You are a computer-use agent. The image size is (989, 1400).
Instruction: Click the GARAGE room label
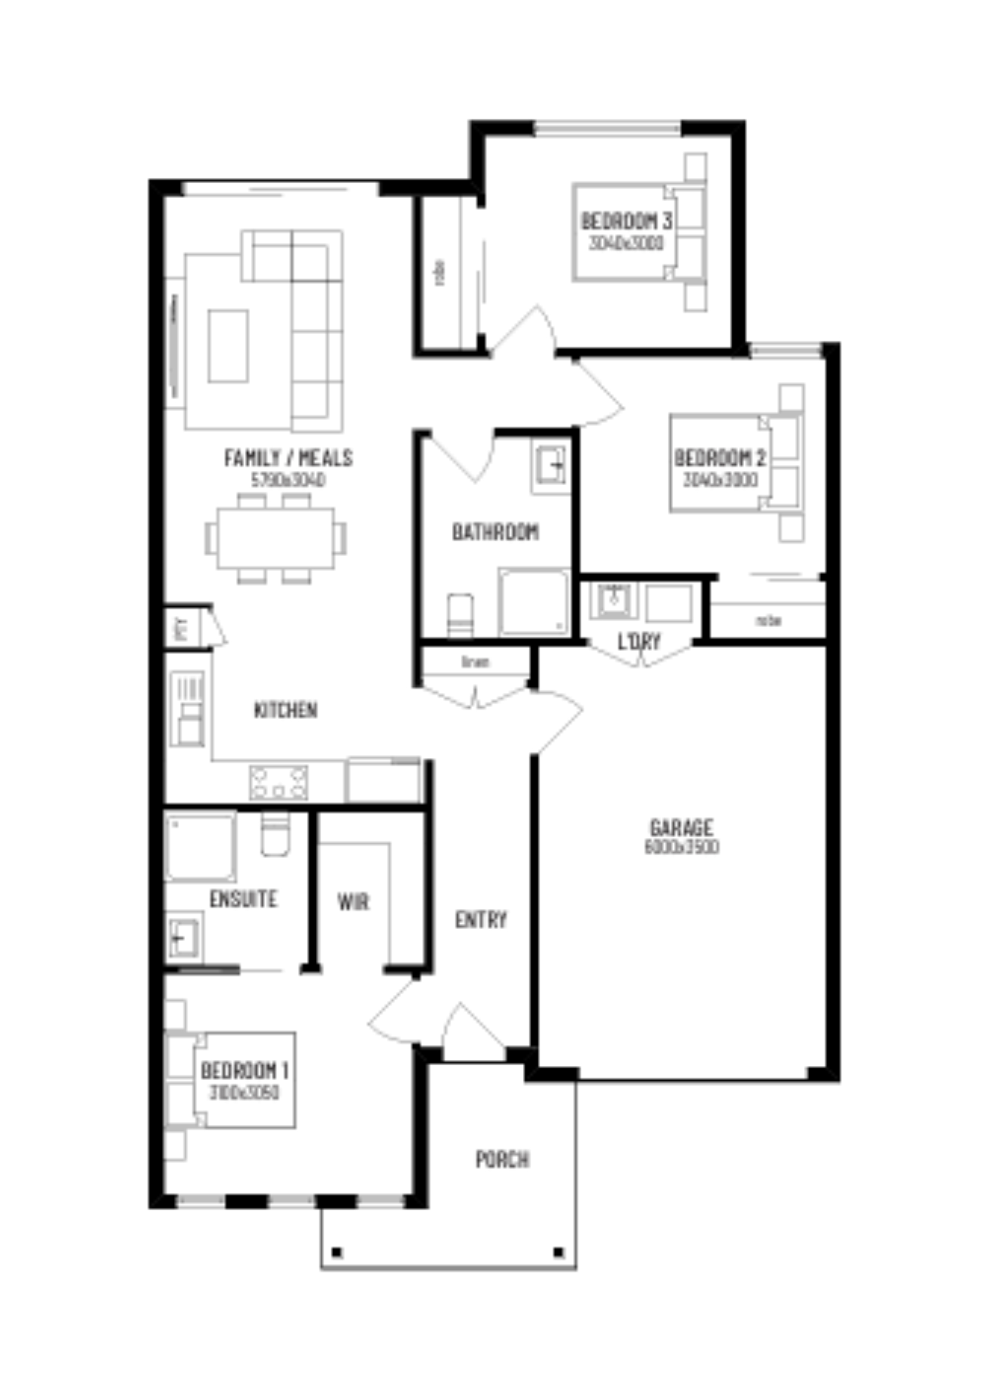(681, 827)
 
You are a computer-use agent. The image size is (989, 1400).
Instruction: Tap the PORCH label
(502, 1159)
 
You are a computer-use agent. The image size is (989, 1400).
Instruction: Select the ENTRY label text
(481, 919)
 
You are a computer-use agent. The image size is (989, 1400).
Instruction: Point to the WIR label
(354, 902)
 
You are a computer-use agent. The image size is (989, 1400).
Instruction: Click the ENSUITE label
(243, 899)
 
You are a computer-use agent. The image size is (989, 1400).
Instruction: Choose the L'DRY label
(639, 641)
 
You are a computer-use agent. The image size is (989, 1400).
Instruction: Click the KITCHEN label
(285, 710)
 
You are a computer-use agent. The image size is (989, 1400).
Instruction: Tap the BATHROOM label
(496, 532)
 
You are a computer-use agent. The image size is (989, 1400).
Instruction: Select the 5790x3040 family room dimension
(288, 480)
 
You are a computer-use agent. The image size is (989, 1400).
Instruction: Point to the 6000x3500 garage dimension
(682, 847)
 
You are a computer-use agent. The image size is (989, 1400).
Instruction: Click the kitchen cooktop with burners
(279, 783)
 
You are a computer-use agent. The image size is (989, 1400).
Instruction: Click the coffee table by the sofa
(228, 346)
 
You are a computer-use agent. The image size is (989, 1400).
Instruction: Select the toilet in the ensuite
(275, 833)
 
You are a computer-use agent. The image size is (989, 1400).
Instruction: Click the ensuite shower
(200, 845)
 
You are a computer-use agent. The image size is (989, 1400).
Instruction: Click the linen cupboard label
(475, 662)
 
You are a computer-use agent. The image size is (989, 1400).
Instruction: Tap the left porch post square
(337, 1252)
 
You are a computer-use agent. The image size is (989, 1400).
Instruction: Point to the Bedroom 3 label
(626, 221)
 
